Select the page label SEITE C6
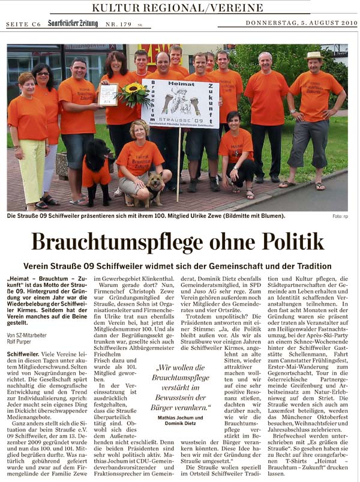tap(23, 25)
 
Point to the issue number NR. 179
tap(119, 25)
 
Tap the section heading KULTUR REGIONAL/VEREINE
tap(178, 8)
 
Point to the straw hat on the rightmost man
tap(314, 56)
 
